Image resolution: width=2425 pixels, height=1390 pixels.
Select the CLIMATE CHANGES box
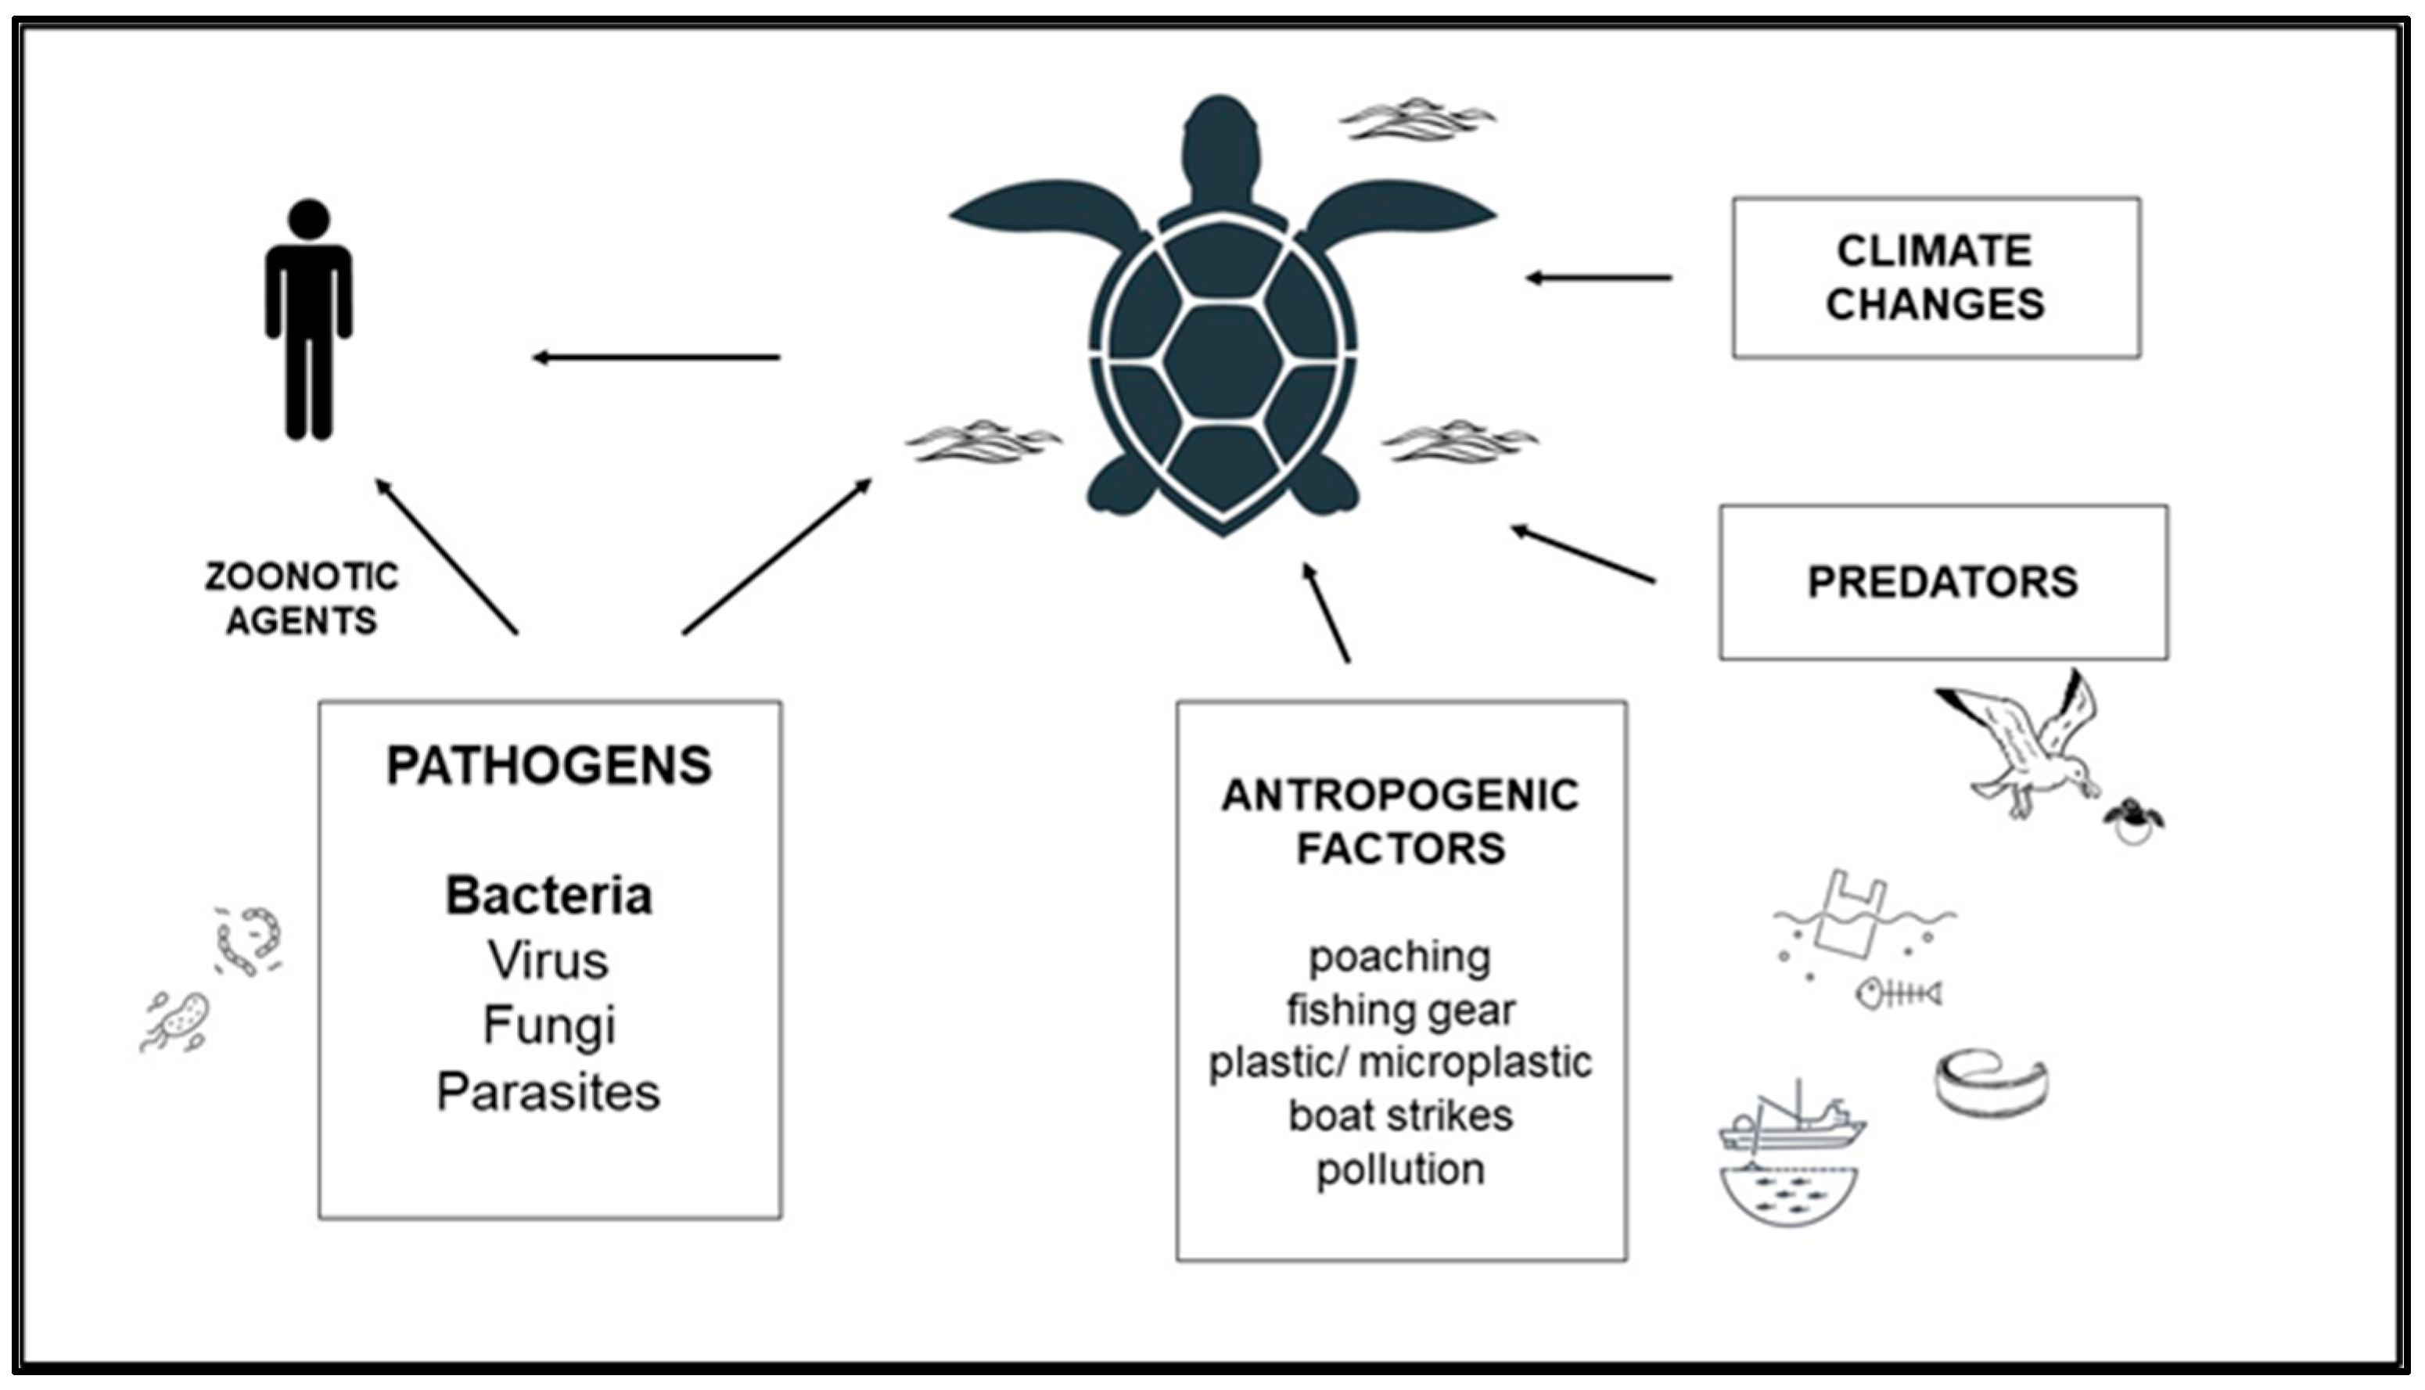click(x=1935, y=278)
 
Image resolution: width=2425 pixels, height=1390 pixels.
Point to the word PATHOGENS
click(x=549, y=766)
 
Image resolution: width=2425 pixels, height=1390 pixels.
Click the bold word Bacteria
click(x=549, y=896)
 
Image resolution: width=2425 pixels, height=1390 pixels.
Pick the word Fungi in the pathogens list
click(x=549, y=1025)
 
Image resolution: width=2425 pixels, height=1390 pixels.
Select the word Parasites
click(x=549, y=1091)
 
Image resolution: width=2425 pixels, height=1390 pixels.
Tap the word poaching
click(x=1399, y=957)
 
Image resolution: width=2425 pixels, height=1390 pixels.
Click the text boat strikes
click(x=1399, y=1115)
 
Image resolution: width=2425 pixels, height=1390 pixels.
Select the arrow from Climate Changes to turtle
click(x=1599, y=278)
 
